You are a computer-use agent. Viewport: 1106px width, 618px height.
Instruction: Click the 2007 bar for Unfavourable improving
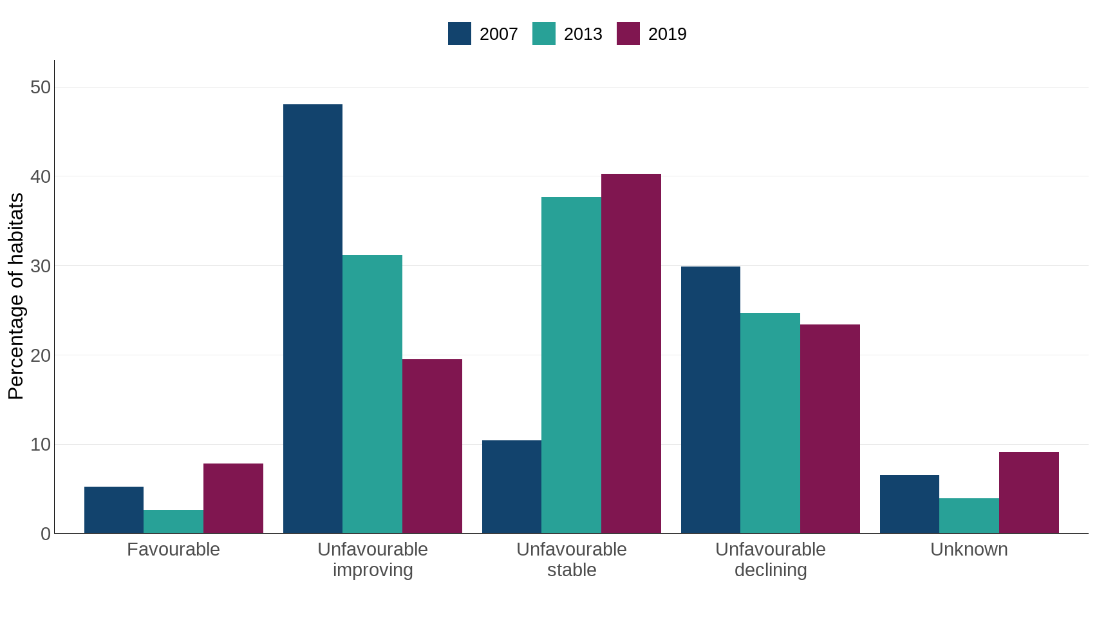[x=313, y=319]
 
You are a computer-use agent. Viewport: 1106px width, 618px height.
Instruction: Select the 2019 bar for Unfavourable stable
[x=631, y=353]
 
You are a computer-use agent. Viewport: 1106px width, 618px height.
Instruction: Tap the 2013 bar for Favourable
[x=173, y=521]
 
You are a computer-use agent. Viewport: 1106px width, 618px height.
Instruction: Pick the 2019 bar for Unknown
[x=1029, y=492]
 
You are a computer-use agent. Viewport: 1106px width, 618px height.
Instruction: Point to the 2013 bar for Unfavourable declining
[x=770, y=423]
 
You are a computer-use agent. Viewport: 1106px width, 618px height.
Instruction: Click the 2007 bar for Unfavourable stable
[x=512, y=487]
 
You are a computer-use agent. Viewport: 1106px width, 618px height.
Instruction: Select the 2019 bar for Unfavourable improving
[x=432, y=446]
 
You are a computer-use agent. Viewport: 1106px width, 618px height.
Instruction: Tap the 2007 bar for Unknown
[x=909, y=504]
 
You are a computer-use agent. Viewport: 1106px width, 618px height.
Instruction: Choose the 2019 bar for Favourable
[x=233, y=498]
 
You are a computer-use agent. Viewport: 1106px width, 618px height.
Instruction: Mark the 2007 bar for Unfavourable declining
[x=711, y=400]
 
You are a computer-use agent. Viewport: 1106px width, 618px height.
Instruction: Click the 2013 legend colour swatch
[x=544, y=33]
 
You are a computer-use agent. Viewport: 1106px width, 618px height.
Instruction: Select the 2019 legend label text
[x=667, y=34]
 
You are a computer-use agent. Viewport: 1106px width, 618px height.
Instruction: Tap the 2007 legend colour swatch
[x=460, y=33]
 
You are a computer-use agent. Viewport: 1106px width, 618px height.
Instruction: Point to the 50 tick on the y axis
[x=41, y=87]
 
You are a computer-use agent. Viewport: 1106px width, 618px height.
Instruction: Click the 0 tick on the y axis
[x=45, y=534]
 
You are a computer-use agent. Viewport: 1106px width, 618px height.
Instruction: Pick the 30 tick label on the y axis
[x=41, y=266]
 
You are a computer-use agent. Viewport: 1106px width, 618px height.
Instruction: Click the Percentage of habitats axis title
[x=15, y=296]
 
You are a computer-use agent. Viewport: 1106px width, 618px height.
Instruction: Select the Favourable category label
[x=173, y=549]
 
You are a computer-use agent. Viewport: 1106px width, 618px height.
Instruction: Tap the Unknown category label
[x=969, y=549]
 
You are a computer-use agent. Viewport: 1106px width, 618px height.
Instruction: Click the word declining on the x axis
[x=771, y=570]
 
